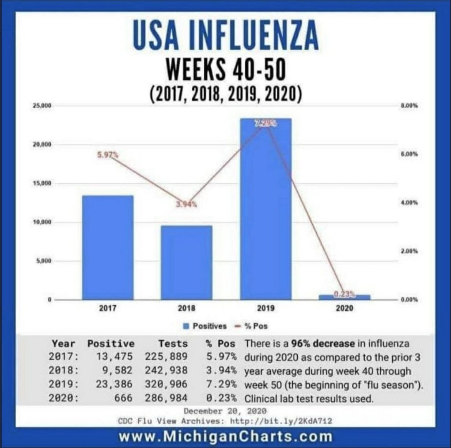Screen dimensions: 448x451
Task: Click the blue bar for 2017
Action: (107, 247)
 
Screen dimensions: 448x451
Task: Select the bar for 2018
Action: (186, 262)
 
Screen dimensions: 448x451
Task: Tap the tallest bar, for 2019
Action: (265, 209)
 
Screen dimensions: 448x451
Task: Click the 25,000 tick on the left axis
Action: (44, 106)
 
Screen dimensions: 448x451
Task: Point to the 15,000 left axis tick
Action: (44, 184)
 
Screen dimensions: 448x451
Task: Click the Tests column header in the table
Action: (173, 344)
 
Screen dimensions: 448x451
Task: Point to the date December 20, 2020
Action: (225, 411)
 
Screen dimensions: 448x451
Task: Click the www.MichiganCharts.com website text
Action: (225, 437)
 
